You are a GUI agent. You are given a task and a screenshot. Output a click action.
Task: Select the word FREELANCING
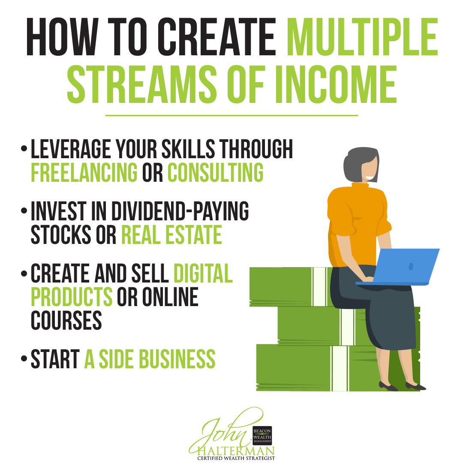[84, 172]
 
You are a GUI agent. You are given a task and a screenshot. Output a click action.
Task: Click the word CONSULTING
[215, 172]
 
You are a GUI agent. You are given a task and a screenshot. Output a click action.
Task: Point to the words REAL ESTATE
[171, 234]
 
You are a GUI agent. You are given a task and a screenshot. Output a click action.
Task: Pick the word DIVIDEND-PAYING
[180, 211]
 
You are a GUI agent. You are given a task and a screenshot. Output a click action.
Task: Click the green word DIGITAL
[203, 274]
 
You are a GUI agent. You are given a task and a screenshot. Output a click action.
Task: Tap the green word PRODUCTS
[72, 296]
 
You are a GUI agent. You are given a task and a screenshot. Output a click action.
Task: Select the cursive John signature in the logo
[221, 431]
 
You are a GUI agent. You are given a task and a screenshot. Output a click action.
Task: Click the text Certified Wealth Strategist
[236, 458]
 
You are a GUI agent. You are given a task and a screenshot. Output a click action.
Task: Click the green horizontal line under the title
[231, 115]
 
